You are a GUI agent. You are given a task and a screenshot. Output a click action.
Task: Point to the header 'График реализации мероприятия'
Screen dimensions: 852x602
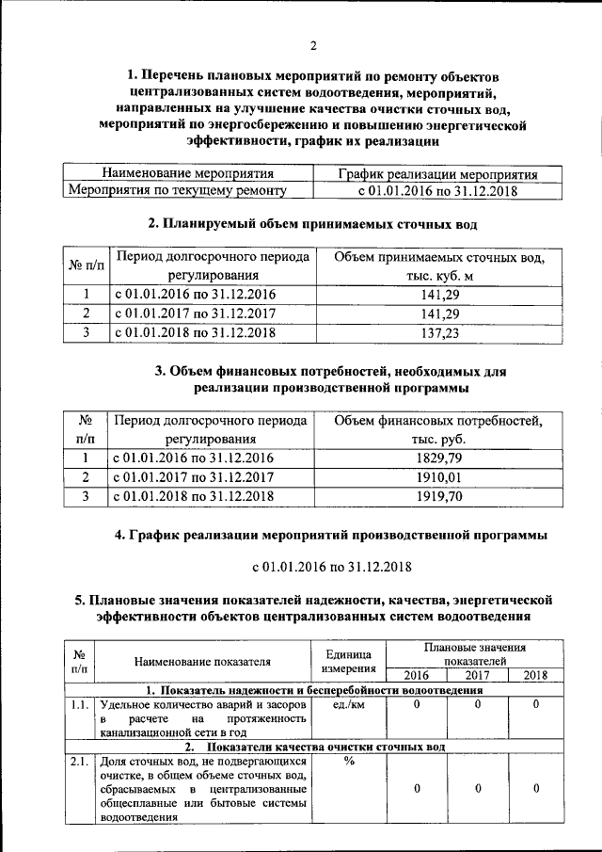tap(437, 174)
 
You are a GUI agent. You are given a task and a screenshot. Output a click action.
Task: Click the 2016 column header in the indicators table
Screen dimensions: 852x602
tap(415, 675)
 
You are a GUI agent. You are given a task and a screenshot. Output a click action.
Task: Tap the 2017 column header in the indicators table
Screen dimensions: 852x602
tap(476, 675)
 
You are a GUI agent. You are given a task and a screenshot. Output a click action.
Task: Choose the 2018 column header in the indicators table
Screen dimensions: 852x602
tap(535, 675)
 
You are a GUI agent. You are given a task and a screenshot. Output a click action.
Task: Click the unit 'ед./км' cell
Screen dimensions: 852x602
tap(349, 704)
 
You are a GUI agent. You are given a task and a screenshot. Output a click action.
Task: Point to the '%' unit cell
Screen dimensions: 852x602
tap(349, 762)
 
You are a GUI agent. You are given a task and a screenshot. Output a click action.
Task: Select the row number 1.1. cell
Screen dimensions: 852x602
tap(80, 704)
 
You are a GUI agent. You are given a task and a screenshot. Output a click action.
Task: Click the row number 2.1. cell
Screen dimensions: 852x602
tap(80, 762)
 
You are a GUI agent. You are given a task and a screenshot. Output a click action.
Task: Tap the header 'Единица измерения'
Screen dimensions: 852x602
tap(349, 661)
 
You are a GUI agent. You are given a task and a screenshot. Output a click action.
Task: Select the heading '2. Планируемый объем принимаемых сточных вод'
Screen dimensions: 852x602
tap(313, 225)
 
